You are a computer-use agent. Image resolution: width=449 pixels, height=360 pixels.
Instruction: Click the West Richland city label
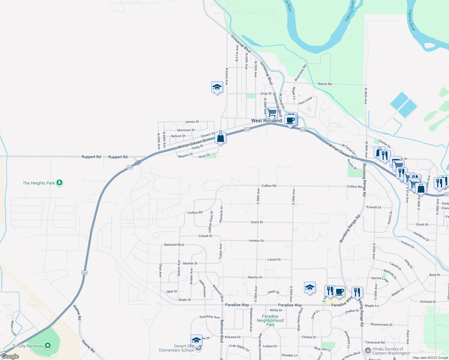point(266,121)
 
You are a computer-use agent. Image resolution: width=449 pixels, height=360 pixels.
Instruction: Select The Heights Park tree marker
point(59,182)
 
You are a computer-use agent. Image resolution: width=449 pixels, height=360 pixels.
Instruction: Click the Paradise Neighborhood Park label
point(270,320)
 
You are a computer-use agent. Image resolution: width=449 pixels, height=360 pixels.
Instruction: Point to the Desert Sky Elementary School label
point(176,348)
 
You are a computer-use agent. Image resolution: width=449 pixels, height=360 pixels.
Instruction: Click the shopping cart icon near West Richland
point(272,113)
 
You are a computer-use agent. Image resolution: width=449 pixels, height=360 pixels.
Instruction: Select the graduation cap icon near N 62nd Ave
point(217,87)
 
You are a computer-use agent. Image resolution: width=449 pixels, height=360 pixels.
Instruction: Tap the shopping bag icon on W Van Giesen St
point(221,138)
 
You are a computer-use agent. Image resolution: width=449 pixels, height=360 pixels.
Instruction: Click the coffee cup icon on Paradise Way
point(339,291)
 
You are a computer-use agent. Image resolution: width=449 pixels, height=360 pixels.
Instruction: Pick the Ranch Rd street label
point(325,84)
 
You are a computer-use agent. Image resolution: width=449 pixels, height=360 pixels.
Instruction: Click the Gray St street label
point(266,94)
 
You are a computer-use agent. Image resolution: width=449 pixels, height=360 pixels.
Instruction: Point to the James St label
point(192,122)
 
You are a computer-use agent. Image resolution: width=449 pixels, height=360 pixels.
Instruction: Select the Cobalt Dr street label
point(206,236)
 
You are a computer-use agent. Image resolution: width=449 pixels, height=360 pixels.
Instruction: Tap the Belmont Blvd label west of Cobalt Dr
point(174,245)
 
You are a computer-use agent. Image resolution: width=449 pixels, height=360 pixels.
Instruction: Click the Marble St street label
point(190,263)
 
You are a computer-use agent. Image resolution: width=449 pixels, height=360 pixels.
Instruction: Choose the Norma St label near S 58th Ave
point(255,277)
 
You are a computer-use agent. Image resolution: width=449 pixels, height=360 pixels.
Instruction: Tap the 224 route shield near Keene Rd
point(84,272)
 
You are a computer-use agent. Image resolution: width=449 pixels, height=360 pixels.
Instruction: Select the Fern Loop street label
point(305,100)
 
